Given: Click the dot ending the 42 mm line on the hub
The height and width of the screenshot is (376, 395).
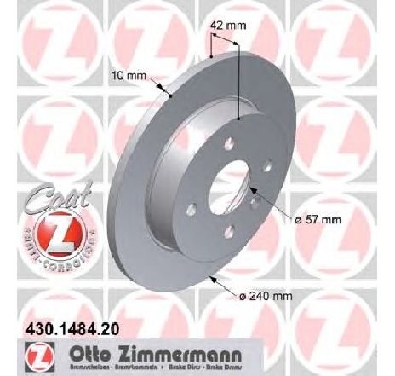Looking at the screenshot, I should point(240,118).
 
